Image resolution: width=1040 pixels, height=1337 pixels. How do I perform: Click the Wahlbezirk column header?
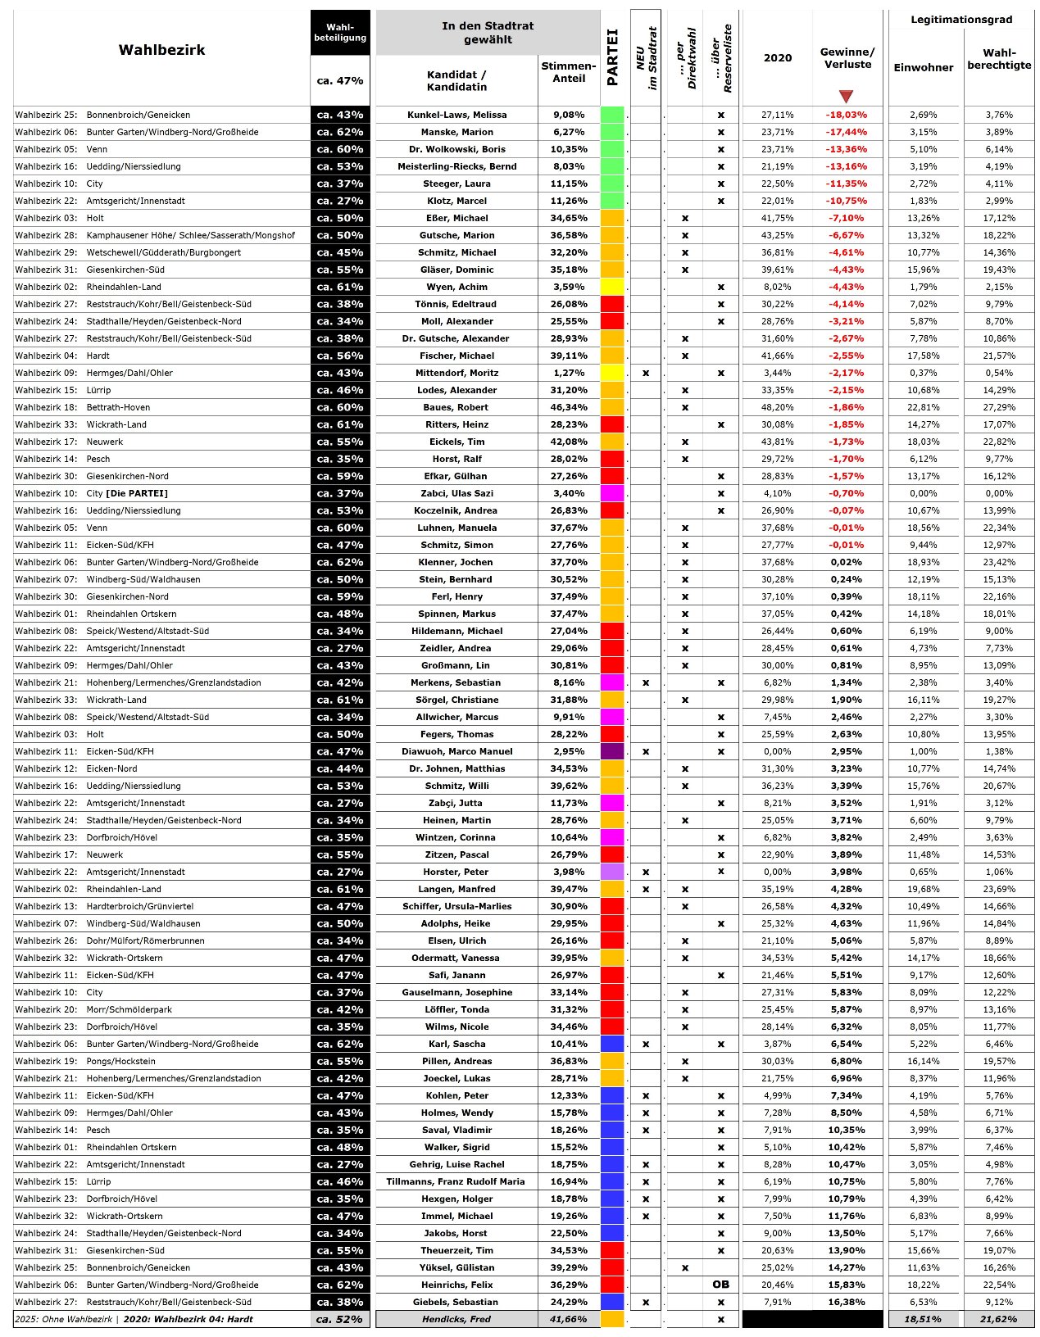161,50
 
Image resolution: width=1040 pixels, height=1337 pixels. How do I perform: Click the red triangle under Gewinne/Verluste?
846,97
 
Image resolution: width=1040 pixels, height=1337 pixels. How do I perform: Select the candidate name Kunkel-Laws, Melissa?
456,115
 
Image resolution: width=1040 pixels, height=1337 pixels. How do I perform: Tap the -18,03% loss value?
846,115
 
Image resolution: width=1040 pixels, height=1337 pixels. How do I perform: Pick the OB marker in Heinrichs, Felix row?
720,1285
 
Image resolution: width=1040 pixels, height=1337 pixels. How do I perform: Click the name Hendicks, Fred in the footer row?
456,1319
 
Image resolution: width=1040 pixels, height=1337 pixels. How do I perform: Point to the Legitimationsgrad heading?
961,19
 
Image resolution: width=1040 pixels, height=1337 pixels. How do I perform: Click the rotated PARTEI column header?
612,58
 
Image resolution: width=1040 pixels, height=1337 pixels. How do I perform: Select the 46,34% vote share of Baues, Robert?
569,407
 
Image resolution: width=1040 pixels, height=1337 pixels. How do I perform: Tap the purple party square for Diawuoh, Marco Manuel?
612,751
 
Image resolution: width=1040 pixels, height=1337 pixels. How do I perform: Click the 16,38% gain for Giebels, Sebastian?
846,1302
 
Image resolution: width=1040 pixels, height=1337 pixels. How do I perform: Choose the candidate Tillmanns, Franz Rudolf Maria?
456,1181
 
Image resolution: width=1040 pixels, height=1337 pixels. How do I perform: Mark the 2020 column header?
777,57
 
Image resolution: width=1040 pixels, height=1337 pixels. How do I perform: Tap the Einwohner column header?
923,67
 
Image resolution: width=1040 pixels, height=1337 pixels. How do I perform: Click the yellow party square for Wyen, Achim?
612,287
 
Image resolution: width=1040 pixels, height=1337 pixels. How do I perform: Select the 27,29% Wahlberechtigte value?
999,407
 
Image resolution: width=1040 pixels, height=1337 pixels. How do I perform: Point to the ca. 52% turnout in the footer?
339,1319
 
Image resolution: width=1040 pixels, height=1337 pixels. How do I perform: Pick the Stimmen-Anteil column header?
569,72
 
